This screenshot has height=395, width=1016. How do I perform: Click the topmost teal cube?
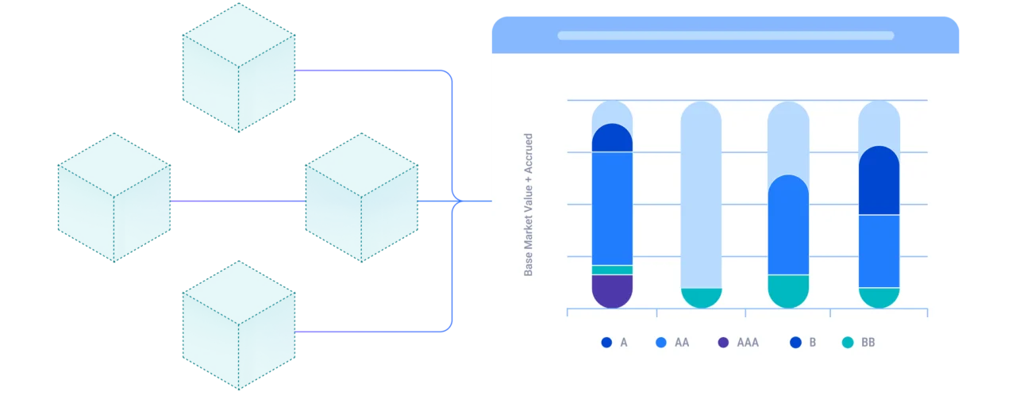coord(239,67)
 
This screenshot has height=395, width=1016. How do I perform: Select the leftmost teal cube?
coord(114,197)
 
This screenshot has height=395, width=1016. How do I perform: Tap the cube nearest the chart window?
coord(362,197)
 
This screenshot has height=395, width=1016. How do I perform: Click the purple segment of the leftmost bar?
coord(612,291)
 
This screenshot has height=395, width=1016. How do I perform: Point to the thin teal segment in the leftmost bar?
coord(612,270)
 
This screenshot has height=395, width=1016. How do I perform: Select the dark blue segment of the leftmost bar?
coord(612,139)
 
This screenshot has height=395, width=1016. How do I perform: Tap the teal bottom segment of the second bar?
coord(702,297)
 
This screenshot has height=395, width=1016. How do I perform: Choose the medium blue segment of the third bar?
coord(788,226)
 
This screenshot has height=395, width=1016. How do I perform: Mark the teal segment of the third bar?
coord(788,290)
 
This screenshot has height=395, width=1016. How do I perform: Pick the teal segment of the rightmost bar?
coord(879,297)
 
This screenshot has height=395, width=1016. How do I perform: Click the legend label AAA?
coord(748,343)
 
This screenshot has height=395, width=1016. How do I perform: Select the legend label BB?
coord(868,343)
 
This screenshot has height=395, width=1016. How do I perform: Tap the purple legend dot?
coord(722,343)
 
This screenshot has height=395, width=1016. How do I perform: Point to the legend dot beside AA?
coord(660,343)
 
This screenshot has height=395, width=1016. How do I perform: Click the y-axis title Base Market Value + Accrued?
coord(529,205)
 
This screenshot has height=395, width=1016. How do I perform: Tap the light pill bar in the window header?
coord(725,36)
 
